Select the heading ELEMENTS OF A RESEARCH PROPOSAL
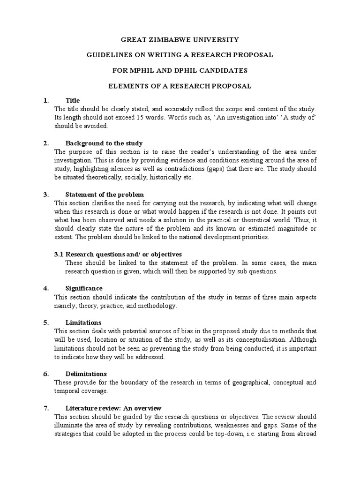[180, 86]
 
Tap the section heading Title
[73, 100]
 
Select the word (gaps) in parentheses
[218, 169]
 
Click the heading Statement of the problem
[105, 195]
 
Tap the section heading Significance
[84, 288]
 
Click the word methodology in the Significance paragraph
[157, 306]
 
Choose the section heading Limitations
[83, 322]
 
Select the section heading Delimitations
[86, 374]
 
